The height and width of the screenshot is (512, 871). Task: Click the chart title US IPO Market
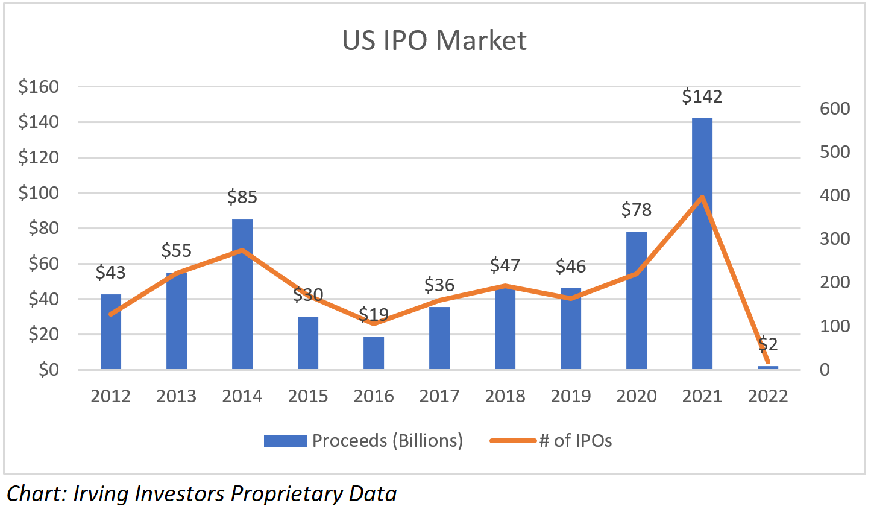tap(434, 41)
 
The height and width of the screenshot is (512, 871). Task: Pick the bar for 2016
tap(374, 353)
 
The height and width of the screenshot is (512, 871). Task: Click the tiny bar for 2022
tap(768, 367)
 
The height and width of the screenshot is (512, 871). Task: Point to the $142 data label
tap(702, 96)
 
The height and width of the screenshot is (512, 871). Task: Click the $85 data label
tap(242, 197)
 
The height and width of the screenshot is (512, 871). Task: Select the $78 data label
tap(637, 210)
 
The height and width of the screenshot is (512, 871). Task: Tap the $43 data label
tap(111, 273)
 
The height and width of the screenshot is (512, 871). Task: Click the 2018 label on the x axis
tap(505, 396)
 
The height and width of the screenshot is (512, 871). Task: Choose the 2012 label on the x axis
tap(111, 396)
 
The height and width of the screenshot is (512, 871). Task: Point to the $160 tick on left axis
tap(39, 87)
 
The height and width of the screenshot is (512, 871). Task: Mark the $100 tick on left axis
tap(39, 193)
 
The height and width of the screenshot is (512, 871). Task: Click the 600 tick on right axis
tap(835, 109)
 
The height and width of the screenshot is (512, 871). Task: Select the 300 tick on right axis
tap(835, 239)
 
